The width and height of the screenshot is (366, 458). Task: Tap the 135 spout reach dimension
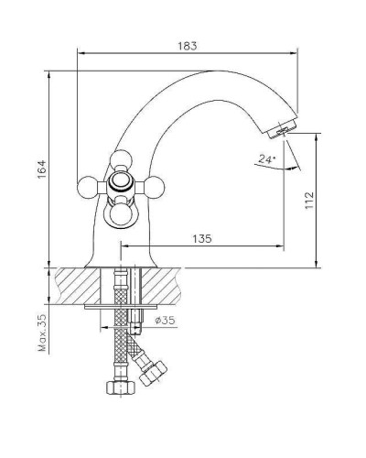click(203, 238)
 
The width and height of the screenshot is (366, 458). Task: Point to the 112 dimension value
click(308, 199)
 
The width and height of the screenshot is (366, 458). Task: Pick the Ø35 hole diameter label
click(166, 320)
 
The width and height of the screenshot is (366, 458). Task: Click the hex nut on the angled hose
click(151, 373)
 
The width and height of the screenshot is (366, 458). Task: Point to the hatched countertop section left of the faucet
click(69, 285)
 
